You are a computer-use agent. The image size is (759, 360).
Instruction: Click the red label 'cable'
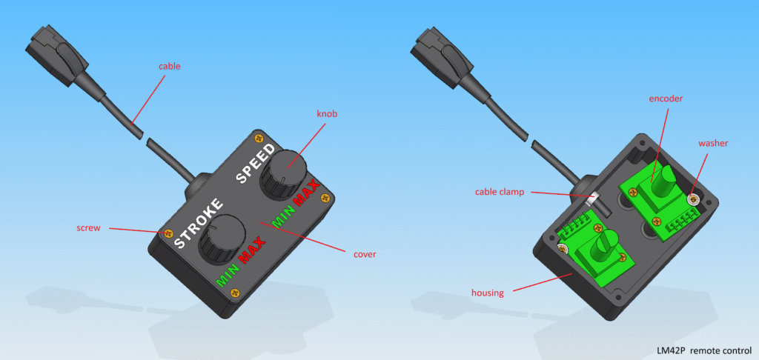pos(170,66)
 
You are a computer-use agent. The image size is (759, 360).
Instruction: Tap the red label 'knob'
pos(326,114)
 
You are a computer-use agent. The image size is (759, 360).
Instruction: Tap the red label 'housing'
pos(487,293)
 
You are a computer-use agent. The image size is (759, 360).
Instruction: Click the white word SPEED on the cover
pos(256,163)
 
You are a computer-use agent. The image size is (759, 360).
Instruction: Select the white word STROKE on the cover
pos(199,222)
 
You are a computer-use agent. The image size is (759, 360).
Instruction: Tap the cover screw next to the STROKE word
pos(169,233)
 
